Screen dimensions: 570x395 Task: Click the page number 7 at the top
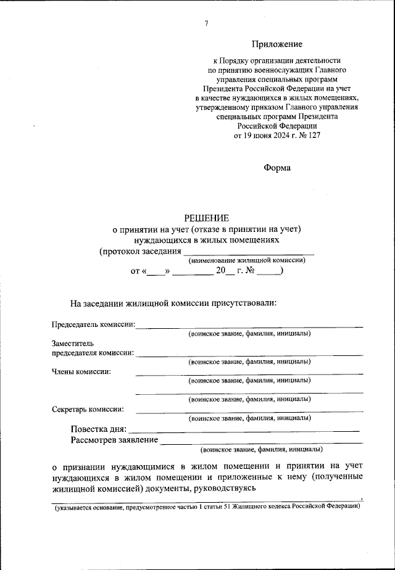tap(206, 23)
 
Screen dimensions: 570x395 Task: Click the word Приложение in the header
tap(277, 44)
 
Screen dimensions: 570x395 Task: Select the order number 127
tap(314, 135)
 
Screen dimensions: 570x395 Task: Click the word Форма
tap(276, 167)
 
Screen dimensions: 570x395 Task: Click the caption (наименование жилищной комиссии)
tap(247, 261)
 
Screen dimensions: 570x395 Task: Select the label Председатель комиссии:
tap(93, 324)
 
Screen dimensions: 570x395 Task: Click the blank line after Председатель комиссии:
tap(249, 325)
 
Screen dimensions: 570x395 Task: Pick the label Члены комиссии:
tap(81, 371)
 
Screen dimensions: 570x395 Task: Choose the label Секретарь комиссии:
tap(88, 408)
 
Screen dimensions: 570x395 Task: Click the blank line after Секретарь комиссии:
tap(249, 411)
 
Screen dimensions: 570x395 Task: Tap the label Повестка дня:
tap(99, 429)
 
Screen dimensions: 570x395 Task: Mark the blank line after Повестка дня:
tap(244, 430)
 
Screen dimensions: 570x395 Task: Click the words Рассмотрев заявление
tap(114, 440)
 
